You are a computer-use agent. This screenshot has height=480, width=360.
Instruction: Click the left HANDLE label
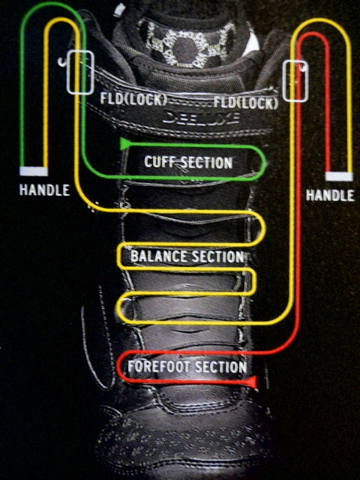coord(45,190)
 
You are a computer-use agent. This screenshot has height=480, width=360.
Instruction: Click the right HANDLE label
coord(330,195)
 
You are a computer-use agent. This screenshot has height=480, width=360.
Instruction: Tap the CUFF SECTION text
coord(188,162)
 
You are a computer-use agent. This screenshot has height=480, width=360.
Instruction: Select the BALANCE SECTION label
coord(187,256)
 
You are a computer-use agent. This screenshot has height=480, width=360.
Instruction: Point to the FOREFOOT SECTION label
coord(187,367)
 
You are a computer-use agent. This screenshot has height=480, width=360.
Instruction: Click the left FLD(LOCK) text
coord(133,99)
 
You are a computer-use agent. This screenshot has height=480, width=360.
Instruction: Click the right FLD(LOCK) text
coord(246,103)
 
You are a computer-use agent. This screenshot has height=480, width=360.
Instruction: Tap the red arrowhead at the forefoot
coord(252,382)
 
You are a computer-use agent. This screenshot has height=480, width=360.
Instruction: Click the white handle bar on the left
coord(34,172)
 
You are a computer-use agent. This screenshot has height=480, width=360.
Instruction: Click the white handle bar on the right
coord(339,177)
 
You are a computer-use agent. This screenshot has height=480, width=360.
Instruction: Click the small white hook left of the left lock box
coord(61,62)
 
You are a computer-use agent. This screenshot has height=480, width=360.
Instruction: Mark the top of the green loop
coord(52,3)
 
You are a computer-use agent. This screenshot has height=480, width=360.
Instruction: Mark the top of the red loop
coord(313,33)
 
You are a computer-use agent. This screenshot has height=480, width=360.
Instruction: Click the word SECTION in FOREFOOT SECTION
coord(220,367)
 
